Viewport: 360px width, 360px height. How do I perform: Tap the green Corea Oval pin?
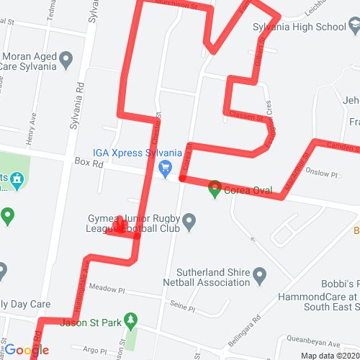215,191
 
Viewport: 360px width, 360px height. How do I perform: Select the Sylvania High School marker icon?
352,27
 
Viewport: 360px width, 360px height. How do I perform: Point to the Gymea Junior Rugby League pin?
189,221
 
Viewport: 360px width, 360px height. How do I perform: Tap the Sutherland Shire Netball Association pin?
260,274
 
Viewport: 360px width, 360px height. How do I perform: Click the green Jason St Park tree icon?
130,319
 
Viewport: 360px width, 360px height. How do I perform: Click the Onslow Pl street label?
322,174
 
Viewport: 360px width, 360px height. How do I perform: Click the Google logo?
27,351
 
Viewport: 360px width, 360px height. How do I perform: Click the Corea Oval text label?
248,191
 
